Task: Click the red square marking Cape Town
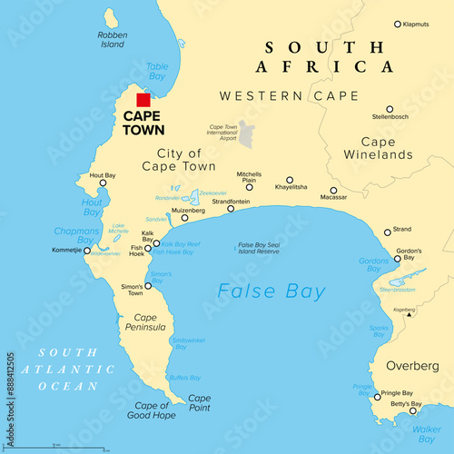click(143, 100)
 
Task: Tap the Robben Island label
click(111, 40)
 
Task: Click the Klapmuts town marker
click(398, 25)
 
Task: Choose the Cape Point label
click(199, 403)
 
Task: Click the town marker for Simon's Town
click(148, 286)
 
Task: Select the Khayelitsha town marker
click(290, 180)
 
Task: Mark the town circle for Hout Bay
click(103, 183)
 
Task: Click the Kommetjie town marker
click(87, 250)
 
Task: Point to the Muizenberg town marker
click(185, 218)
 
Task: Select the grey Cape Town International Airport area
click(245, 133)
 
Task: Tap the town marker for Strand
click(387, 232)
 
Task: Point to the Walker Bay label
click(428, 433)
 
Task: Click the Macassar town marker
click(333, 191)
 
